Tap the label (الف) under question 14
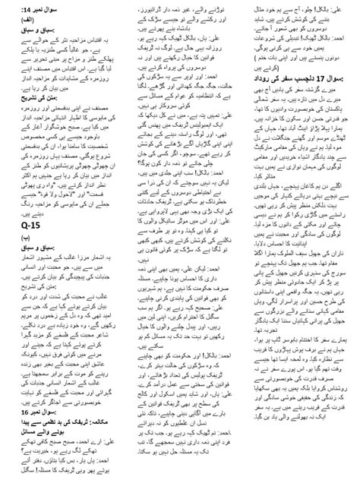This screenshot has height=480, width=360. click(x=106, y=23)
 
